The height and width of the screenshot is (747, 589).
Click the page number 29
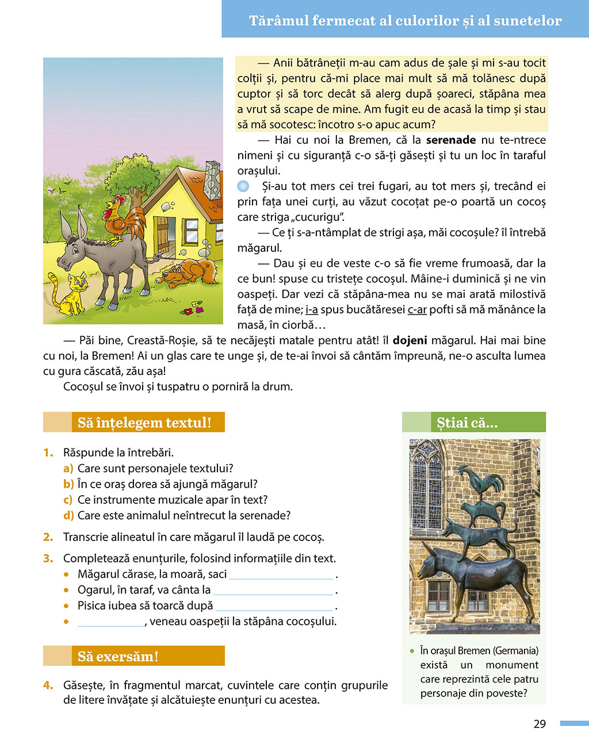tap(539, 724)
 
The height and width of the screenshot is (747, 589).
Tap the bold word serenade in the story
tap(450, 140)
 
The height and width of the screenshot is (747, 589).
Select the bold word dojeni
tap(410, 340)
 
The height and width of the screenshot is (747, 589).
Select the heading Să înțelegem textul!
tap(144, 423)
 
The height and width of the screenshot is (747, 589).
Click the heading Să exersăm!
tap(117, 656)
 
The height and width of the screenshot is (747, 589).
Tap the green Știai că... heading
tap(467, 423)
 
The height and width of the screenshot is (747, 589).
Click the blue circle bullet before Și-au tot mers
tap(243, 186)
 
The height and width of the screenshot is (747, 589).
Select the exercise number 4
tap(48, 685)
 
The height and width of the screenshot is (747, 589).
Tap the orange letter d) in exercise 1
tap(68, 515)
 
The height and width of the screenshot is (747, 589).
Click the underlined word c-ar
tap(417, 310)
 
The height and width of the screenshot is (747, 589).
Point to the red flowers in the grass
tap(190, 309)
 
